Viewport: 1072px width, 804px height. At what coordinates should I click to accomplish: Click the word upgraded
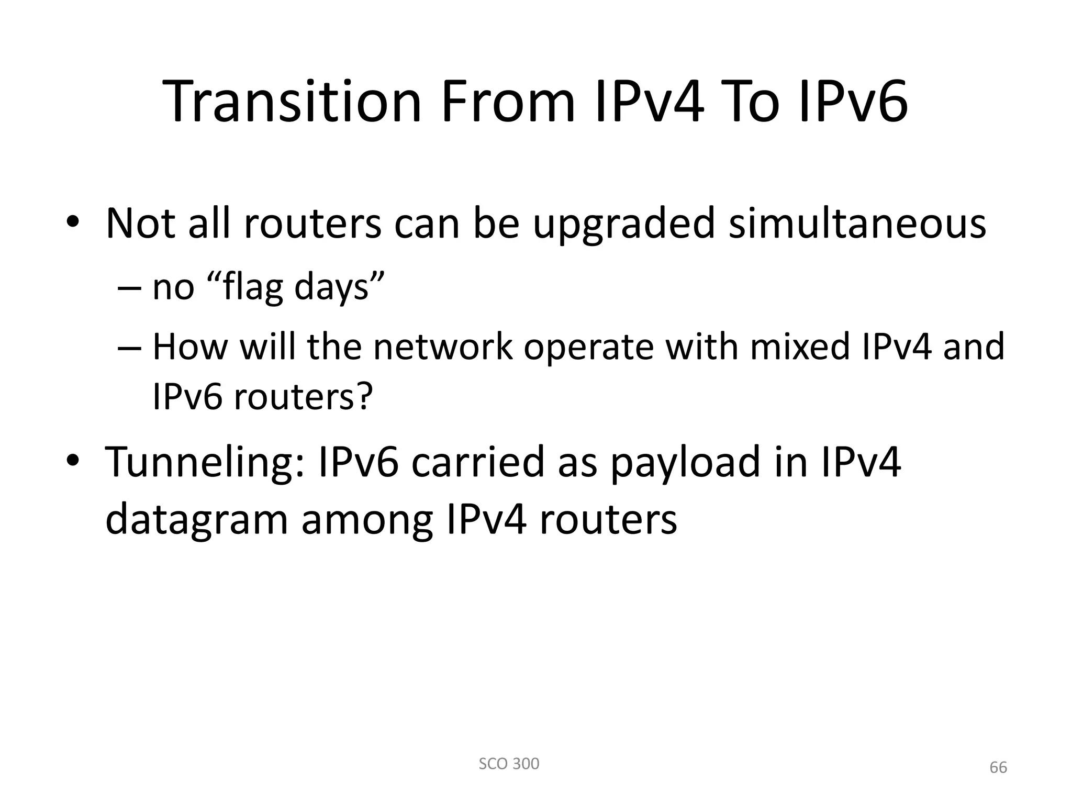623,224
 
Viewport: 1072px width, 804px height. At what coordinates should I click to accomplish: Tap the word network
443,347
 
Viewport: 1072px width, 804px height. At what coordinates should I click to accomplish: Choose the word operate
588,347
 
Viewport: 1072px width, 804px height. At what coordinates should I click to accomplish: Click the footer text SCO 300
509,764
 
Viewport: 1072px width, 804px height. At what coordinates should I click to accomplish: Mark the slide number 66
998,767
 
